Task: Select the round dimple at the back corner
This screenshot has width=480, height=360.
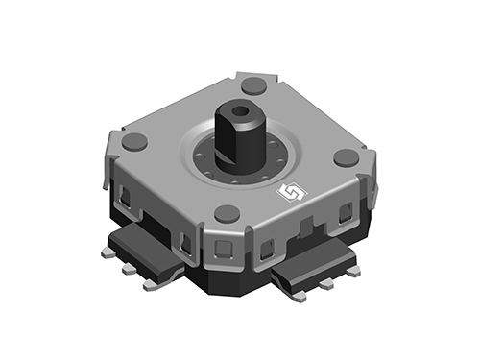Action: coord(253,84)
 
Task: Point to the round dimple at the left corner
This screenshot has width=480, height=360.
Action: coord(135,142)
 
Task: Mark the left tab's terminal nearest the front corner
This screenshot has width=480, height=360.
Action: coord(151,285)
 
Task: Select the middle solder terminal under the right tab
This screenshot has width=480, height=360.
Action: coord(328,285)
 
